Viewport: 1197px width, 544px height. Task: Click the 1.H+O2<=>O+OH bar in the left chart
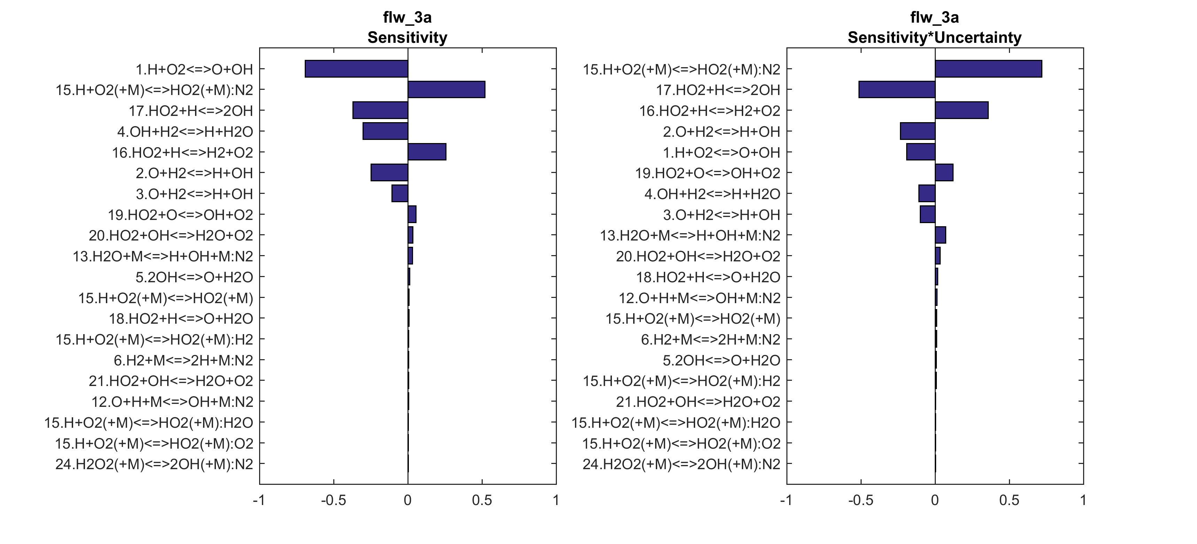pos(356,69)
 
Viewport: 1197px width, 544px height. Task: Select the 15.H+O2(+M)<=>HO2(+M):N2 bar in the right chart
pos(988,69)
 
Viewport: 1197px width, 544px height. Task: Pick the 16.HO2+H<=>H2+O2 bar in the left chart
pos(427,152)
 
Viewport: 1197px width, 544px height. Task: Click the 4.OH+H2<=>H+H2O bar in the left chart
pos(385,131)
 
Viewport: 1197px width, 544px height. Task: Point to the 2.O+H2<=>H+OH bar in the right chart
pos(918,131)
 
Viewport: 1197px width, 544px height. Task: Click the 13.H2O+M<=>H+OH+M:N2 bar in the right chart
pos(940,235)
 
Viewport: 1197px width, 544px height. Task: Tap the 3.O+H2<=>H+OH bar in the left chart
pos(399,193)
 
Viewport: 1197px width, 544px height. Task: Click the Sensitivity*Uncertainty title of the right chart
pos(934,37)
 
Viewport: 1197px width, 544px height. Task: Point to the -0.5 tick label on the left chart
pos(333,500)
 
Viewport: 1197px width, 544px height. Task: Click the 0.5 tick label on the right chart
pos(1009,500)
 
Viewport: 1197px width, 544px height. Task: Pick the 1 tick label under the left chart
pos(556,500)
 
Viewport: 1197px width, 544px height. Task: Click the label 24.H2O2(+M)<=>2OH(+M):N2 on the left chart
pos(154,464)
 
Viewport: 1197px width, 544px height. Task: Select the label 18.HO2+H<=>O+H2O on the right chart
pos(708,277)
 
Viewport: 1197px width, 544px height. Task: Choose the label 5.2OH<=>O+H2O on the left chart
pos(194,277)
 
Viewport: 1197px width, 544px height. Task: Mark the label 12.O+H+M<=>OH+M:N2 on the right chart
pos(699,298)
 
